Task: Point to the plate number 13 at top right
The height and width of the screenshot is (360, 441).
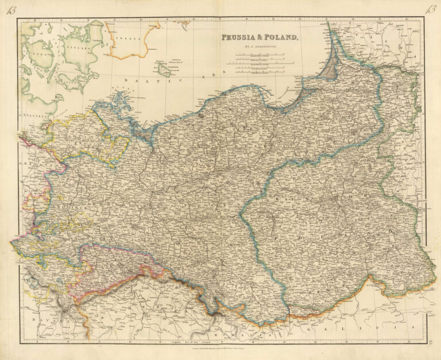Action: (430, 9)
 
